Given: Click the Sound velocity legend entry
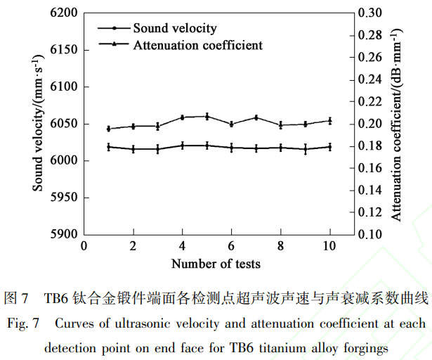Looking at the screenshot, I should [174, 29].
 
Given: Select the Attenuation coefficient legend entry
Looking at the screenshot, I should [197, 45].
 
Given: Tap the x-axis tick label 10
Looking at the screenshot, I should [329, 246].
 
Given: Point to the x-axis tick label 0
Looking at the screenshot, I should [84, 246].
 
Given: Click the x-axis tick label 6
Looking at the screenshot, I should [231, 246].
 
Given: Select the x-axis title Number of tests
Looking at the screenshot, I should [216, 264].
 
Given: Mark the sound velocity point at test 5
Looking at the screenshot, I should [207, 116].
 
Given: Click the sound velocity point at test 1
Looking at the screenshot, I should [109, 129].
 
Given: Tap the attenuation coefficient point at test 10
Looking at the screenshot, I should [329, 146].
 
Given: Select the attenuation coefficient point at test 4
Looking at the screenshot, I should [183, 145].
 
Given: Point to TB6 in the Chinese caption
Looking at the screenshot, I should [55, 298].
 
